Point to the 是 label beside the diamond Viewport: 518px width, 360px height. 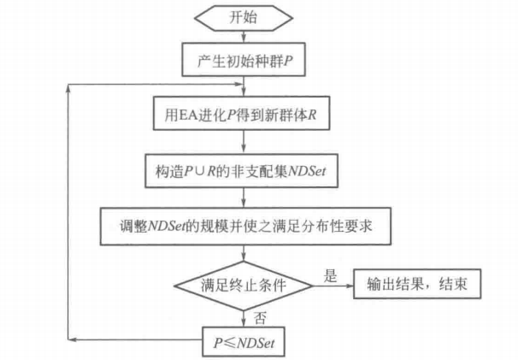[x=330, y=274]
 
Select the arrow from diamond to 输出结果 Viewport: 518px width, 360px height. [x=334, y=285]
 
